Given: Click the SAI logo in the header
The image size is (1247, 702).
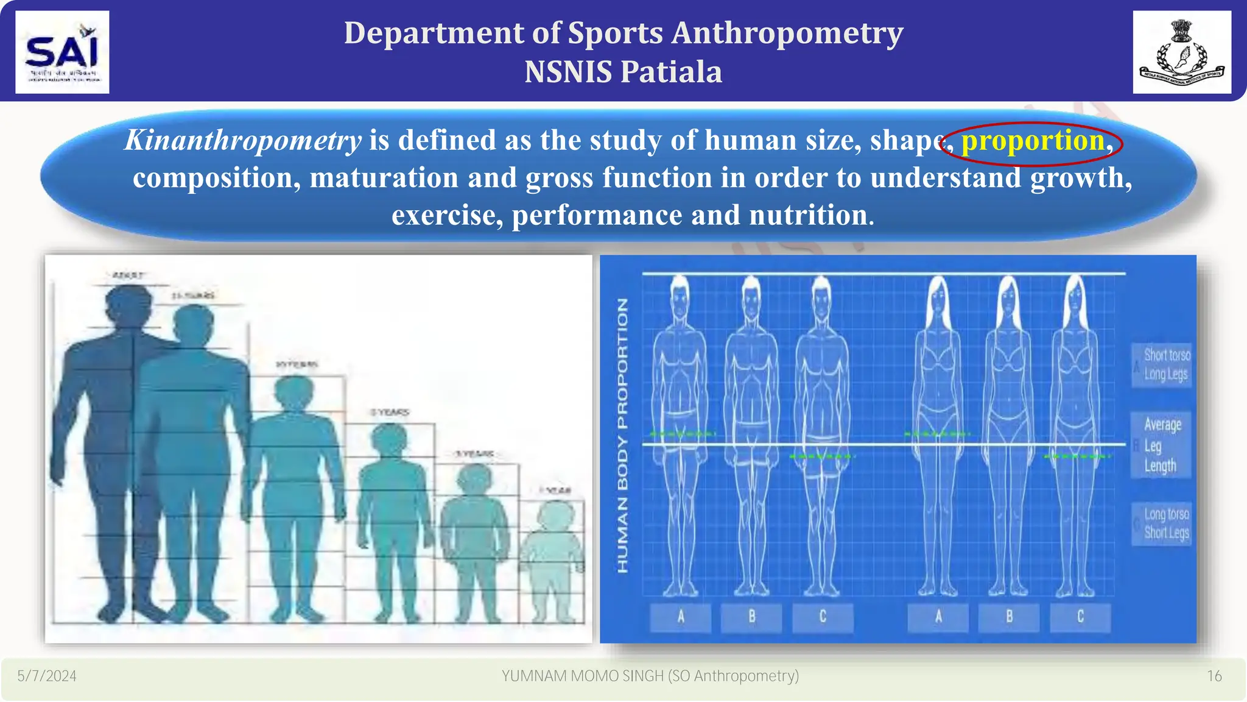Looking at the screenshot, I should [62, 52].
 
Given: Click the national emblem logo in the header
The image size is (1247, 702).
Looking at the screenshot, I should [1181, 52].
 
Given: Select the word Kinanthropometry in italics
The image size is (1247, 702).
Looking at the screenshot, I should [243, 141].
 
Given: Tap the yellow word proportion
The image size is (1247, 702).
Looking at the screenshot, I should [1033, 141].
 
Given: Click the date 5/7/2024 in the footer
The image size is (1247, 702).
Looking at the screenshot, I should [47, 676].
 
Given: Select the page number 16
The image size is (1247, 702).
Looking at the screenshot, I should [1214, 676].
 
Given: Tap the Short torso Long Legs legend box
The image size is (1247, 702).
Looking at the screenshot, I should [1162, 364].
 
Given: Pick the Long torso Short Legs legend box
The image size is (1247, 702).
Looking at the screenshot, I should [1162, 523].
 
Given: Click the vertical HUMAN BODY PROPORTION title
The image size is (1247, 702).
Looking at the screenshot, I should [622, 435].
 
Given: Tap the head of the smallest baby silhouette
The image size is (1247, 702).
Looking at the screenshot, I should [555, 515].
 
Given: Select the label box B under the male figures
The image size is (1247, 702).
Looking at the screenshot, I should [751, 617].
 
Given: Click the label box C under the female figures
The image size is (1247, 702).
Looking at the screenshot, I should [1080, 617].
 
